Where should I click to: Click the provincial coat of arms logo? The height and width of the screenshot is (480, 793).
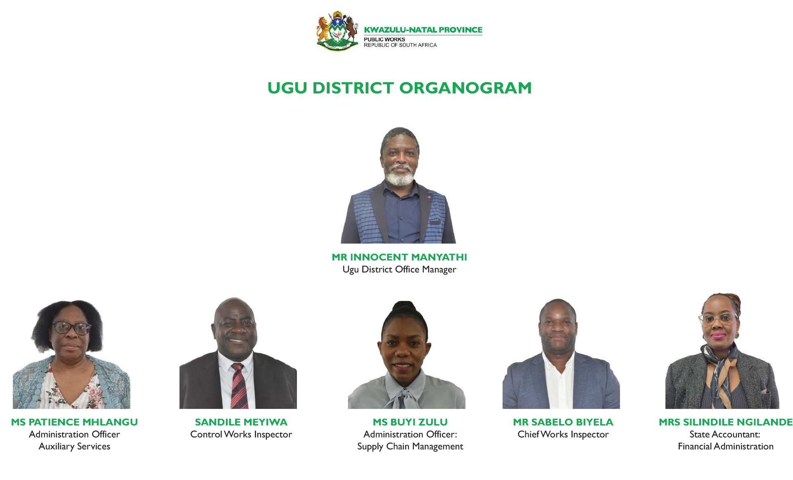(x=337, y=31)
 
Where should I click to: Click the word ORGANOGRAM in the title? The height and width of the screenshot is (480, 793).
(x=465, y=88)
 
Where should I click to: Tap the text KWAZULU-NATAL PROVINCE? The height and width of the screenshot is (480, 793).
(x=423, y=30)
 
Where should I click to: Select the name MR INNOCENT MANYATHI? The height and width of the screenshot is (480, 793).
(x=399, y=257)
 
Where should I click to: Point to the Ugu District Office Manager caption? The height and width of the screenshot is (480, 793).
(x=399, y=270)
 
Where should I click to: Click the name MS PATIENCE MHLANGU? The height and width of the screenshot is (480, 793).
(x=74, y=422)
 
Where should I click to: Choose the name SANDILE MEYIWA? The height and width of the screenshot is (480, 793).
(x=241, y=422)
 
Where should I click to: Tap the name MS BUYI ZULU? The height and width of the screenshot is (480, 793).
(x=410, y=422)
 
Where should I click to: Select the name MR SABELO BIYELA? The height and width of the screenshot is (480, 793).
(x=563, y=422)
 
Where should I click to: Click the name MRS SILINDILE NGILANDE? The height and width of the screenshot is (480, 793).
(x=726, y=422)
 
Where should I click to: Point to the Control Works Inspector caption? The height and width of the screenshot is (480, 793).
(x=241, y=435)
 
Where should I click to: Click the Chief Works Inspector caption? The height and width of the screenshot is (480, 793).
(x=563, y=435)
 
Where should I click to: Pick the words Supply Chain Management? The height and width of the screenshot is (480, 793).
(x=410, y=447)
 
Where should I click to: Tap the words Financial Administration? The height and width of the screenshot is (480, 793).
(x=726, y=447)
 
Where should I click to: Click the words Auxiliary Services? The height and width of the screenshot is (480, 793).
(x=74, y=447)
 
